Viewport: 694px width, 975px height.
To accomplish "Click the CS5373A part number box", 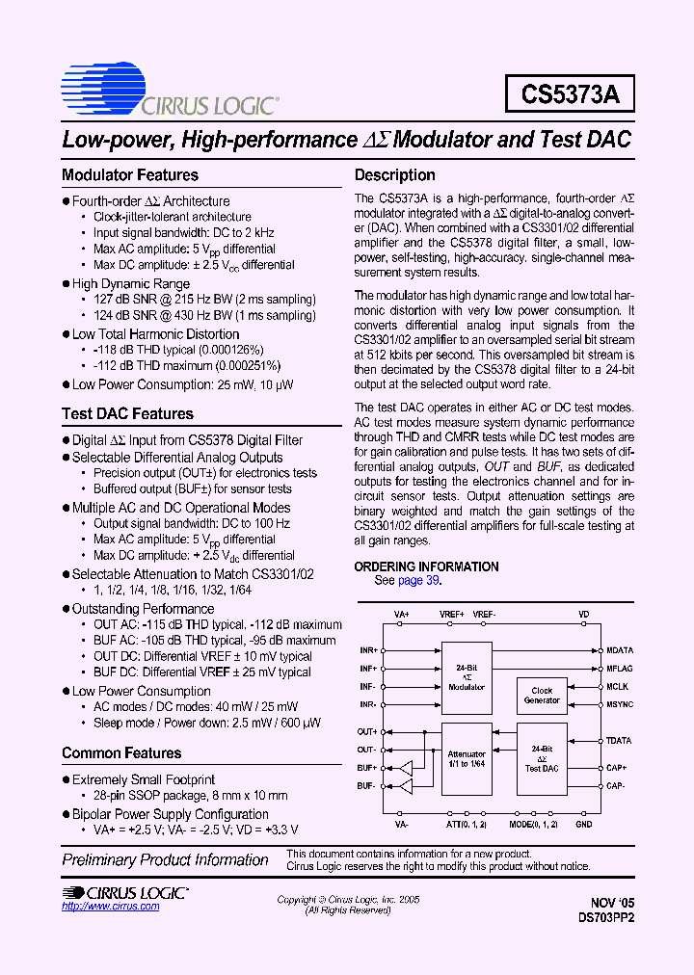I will pyautogui.click(x=569, y=93).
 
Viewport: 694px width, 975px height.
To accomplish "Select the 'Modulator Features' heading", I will pyautogui.click(x=130, y=175).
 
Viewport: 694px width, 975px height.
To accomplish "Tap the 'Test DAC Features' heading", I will pyautogui.click(x=127, y=414).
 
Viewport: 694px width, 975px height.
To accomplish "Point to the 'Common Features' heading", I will pyautogui.click(x=120, y=753).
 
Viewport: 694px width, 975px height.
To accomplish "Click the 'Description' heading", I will pyautogui.click(x=395, y=175).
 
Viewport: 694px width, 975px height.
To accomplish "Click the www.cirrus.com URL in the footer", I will pyautogui.click(x=103, y=907).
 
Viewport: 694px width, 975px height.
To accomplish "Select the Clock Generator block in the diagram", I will pyautogui.click(x=541, y=696).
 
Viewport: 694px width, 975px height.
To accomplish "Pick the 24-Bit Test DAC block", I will pyautogui.click(x=541, y=760).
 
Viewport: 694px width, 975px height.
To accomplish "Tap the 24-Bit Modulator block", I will pyautogui.click(x=467, y=675).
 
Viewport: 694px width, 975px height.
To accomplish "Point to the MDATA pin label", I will pyautogui.click(x=620, y=650).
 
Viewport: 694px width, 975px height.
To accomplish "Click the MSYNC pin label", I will pyautogui.click(x=620, y=705).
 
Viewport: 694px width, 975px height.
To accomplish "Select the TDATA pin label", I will pyautogui.click(x=620, y=741).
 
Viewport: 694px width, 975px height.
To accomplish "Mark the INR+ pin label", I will pyautogui.click(x=367, y=650).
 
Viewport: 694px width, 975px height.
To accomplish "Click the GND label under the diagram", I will pyautogui.click(x=583, y=825).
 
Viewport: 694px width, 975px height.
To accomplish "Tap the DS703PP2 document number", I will pyautogui.click(x=606, y=918).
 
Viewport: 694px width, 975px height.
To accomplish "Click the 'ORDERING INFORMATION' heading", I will pyautogui.click(x=426, y=567).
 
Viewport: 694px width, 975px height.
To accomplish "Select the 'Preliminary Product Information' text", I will pyautogui.click(x=165, y=859).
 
